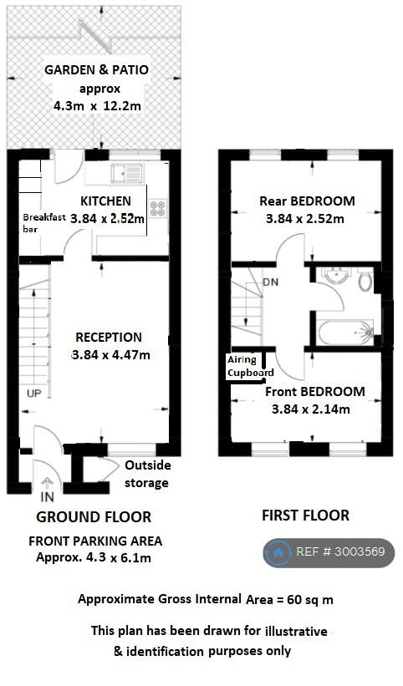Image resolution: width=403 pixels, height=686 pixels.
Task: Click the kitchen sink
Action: pyautogui.click(x=126, y=172)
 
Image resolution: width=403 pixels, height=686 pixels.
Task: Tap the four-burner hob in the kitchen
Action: pyautogui.click(x=158, y=208)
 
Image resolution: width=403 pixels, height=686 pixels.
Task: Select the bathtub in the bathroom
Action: pyautogui.click(x=346, y=333)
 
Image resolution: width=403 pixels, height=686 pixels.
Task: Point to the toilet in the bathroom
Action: pyautogui.click(x=365, y=280)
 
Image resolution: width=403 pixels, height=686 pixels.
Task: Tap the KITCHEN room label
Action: pyautogui.click(x=105, y=201)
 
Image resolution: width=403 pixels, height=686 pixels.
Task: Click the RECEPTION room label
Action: pyautogui.click(x=109, y=338)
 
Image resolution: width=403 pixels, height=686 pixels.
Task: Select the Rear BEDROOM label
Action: pyautogui.click(x=307, y=201)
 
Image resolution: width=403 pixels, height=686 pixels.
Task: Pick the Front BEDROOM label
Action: pyautogui.click(x=315, y=392)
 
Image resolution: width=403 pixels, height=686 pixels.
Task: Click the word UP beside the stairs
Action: pyautogui.click(x=34, y=394)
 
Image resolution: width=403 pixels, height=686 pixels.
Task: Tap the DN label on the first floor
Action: pyautogui.click(x=270, y=282)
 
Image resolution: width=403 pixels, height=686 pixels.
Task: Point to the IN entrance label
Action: pyautogui.click(x=47, y=497)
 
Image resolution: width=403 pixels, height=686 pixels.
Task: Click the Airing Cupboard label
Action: pyautogui.click(x=250, y=366)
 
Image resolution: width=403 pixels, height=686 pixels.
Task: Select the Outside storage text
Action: pyautogui.click(x=147, y=474)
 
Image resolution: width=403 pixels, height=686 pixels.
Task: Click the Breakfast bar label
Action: pyautogui.click(x=44, y=223)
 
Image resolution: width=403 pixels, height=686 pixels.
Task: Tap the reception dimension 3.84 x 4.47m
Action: pyautogui.click(x=110, y=355)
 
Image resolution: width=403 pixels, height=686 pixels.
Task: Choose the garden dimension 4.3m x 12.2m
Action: pyautogui.click(x=98, y=106)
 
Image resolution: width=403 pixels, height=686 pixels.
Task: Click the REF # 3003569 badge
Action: pyautogui.click(x=329, y=552)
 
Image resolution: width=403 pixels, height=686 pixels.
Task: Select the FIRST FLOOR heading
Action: pyautogui.click(x=305, y=516)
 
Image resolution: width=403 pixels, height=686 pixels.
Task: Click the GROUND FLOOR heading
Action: pyautogui.click(x=94, y=517)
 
